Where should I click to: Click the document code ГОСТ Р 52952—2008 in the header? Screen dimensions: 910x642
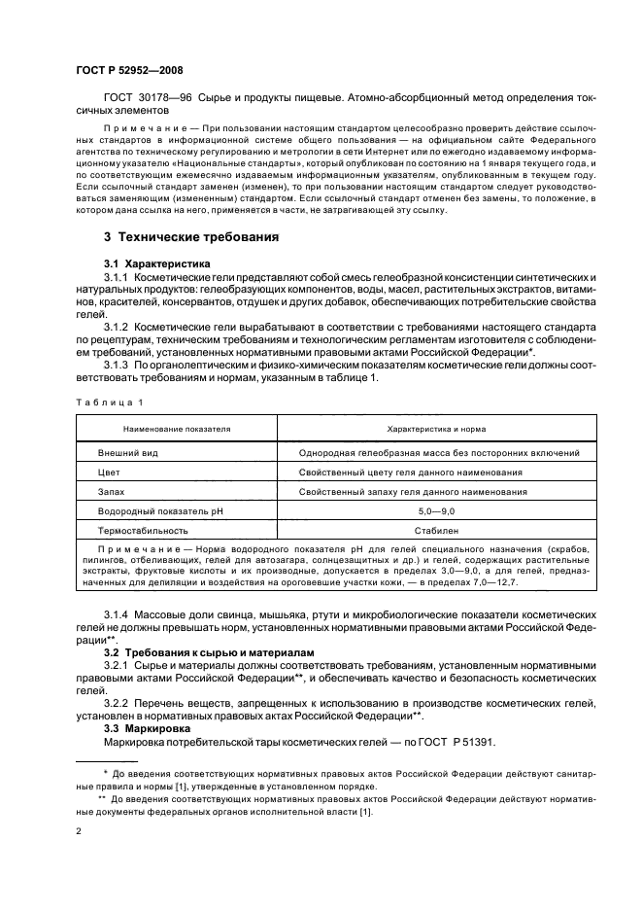tap(129, 70)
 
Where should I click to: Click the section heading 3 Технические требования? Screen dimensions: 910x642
tap(192, 236)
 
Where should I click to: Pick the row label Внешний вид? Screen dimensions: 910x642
tap(128, 452)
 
